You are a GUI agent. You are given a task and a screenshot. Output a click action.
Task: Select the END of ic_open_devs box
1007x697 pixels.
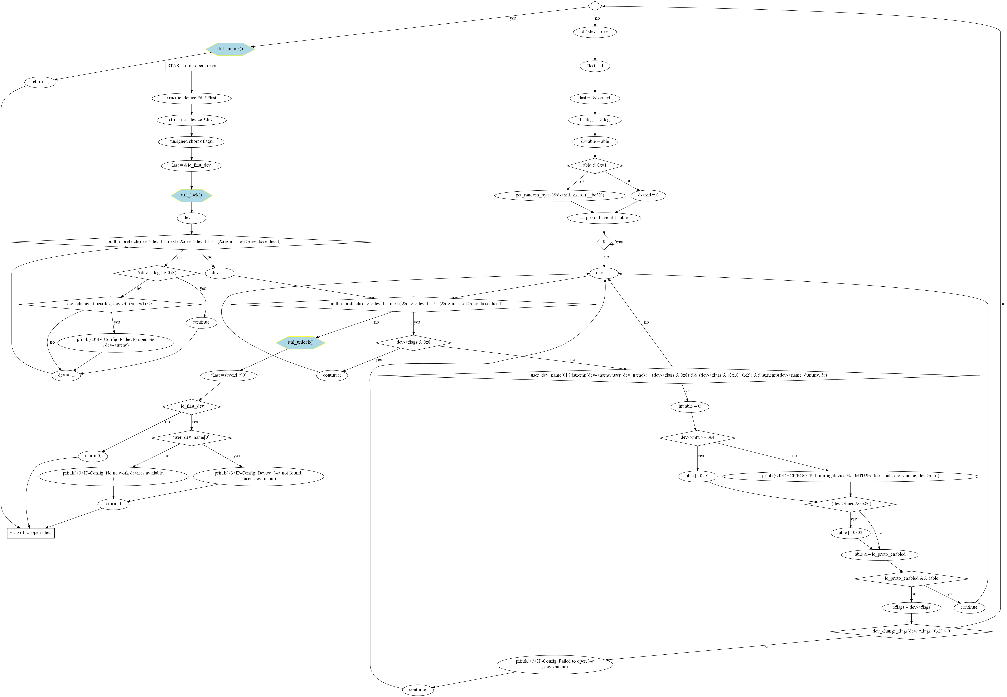30,533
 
